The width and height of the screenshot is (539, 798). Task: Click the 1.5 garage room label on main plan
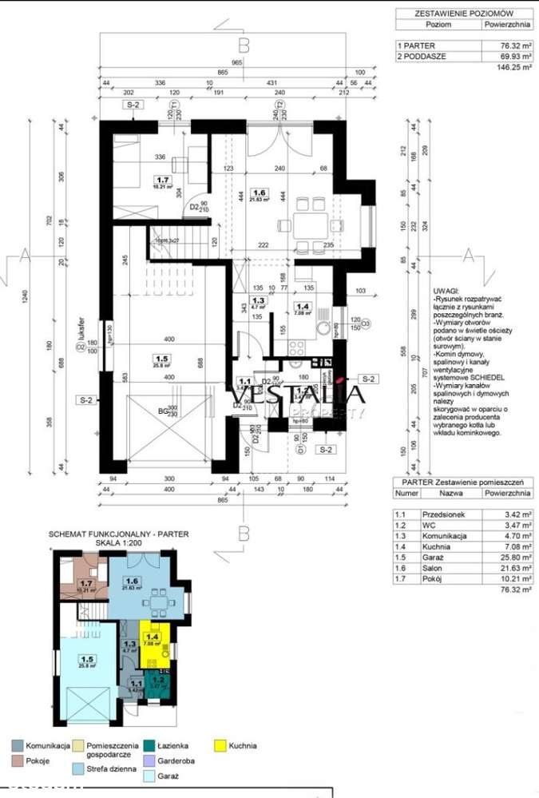click(x=163, y=359)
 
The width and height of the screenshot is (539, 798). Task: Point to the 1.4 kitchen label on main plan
click(x=302, y=305)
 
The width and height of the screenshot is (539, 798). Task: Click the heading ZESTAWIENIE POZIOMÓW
click(x=464, y=14)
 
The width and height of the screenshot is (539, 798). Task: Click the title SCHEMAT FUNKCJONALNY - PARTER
click(x=119, y=535)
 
